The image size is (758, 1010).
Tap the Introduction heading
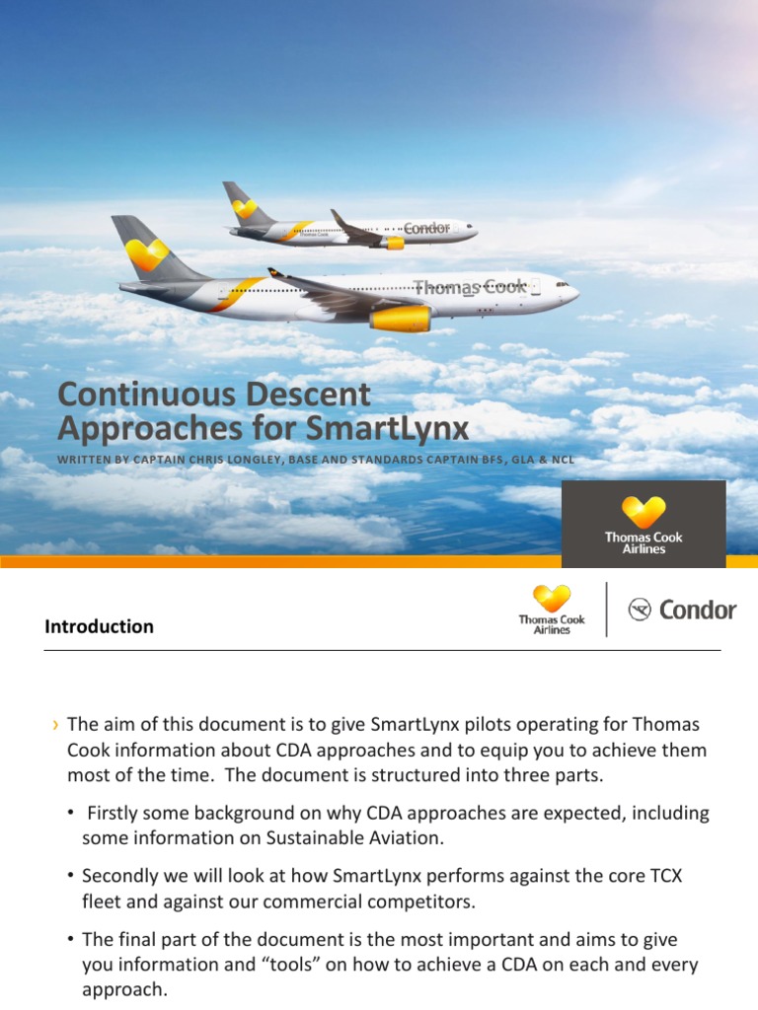coord(99,626)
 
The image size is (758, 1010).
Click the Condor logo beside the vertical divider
coord(682,610)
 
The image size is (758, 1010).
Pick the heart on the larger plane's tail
coord(146,254)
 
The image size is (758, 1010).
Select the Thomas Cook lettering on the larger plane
coord(471,287)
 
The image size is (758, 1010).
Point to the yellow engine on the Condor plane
coord(395,243)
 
